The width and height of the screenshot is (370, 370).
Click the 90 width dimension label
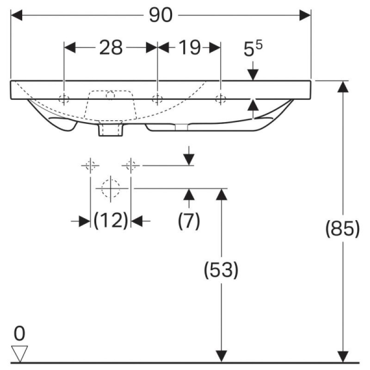point(160,15)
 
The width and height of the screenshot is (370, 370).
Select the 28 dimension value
point(111,48)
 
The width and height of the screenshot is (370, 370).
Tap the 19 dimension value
point(190,48)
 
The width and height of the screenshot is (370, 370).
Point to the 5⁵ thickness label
point(253,49)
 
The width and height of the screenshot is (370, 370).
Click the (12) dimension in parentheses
point(111,221)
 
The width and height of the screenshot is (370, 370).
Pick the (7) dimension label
point(189,221)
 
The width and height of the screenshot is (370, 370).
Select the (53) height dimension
point(221,270)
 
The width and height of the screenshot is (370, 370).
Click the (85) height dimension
point(342,228)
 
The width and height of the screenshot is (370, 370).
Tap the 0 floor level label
point(19,333)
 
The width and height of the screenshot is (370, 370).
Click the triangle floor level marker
point(19,353)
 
